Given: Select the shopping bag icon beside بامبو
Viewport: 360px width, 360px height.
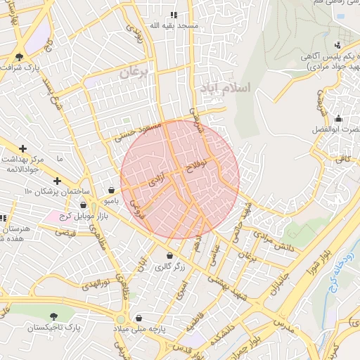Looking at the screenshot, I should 111,190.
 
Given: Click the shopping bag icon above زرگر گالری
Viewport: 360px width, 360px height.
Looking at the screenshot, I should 169,255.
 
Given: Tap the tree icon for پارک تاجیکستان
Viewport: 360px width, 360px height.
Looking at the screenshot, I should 54,316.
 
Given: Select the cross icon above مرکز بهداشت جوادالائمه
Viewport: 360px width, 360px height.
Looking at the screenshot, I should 24,148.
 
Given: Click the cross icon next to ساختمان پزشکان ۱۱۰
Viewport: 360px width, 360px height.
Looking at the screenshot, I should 57,181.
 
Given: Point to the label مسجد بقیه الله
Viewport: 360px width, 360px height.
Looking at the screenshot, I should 174,25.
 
